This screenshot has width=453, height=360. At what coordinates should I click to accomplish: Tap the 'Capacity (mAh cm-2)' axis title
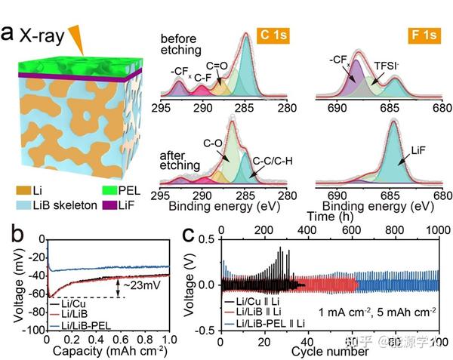(108, 351)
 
